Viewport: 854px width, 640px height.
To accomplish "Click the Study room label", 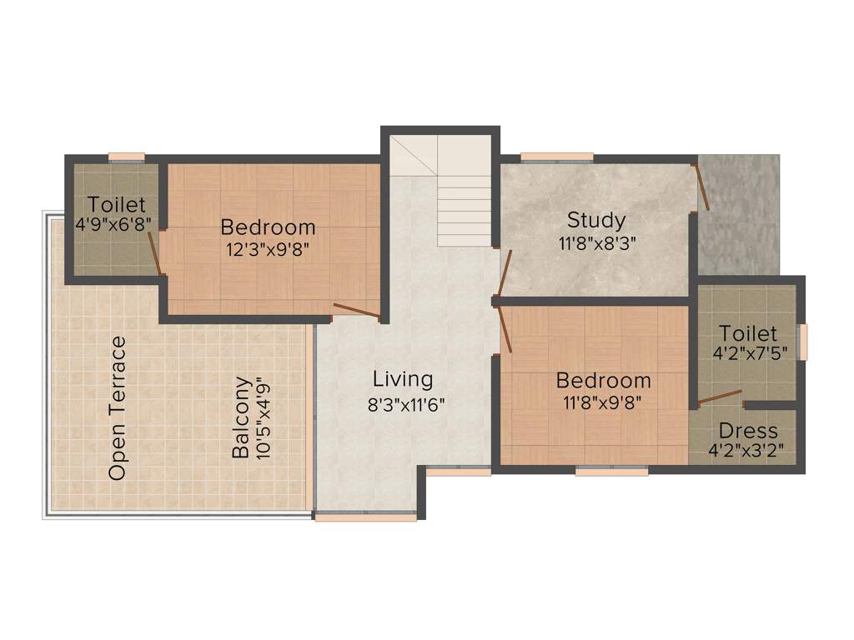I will pos(595,221).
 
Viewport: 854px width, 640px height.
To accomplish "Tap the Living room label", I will pos(403,379).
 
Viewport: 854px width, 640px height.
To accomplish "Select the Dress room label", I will pos(748,431).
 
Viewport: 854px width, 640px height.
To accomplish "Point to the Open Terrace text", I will pos(118,407).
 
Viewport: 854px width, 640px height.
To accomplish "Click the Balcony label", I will pos(241,417).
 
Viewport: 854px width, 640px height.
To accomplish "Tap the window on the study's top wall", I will pos(556,156).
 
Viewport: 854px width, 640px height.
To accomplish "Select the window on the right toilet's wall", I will pos(803,342).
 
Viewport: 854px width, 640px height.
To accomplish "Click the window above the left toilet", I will pos(126,156).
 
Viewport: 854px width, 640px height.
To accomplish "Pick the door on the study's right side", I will pos(701,187).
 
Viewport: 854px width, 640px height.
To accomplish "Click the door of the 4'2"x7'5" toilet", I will pos(719,397).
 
